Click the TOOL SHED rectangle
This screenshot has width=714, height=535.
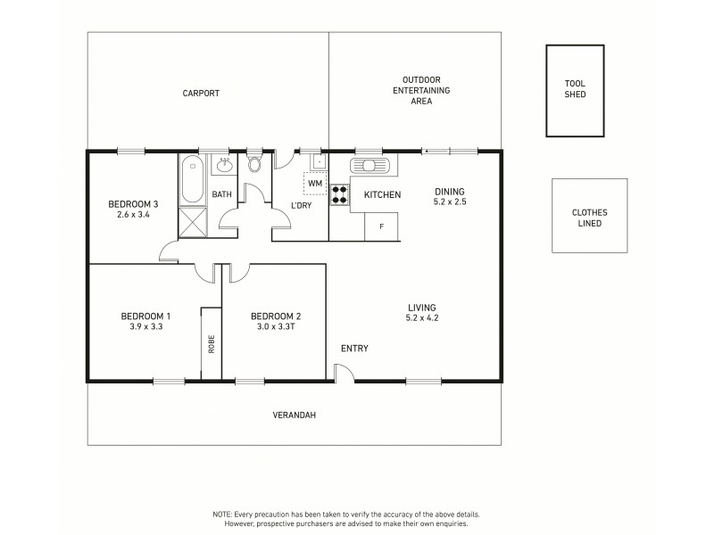(575, 90)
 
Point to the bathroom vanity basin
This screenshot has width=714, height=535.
(224, 166)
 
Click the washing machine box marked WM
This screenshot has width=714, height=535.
(315, 184)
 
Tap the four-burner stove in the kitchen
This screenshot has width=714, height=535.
(339, 193)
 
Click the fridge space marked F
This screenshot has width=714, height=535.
(382, 226)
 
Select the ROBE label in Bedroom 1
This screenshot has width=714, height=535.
(212, 343)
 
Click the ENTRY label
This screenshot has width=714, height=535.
(354, 349)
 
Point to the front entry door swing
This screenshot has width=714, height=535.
(344, 374)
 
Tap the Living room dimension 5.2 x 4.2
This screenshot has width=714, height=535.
(422, 318)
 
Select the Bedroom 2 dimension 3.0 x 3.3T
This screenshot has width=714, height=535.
(276, 327)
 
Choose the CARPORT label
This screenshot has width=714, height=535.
(201, 93)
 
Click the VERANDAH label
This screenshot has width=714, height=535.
(294, 415)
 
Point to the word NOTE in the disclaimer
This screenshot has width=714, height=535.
(223, 515)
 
